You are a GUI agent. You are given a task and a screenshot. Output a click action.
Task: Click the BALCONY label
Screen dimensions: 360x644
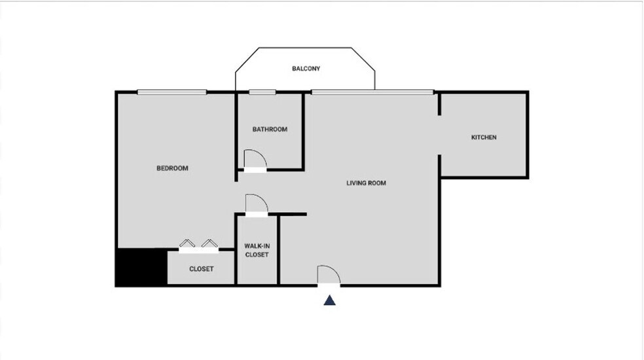[x=306, y=69]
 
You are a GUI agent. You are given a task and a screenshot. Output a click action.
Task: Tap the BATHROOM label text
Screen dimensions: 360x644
[x=270, y=130]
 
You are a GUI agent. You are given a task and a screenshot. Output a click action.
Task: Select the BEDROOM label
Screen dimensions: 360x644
[x=172, y=168]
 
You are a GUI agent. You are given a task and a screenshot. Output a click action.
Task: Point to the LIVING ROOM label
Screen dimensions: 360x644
[x=366, y=183]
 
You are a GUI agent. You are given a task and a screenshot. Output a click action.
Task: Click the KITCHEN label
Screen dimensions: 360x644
[x=484, y=137]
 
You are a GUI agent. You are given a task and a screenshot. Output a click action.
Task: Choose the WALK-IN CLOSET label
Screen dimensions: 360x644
[x=257, y=250]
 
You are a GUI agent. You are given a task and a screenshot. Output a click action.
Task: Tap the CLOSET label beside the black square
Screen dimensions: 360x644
[x=201, y=269]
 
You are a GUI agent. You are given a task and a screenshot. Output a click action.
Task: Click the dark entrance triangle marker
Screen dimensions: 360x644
[x=330, y=300]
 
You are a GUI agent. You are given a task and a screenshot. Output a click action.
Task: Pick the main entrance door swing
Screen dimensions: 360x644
[x=328, y=275]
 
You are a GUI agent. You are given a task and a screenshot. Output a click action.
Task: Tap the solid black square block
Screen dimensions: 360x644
[x=141, y=267]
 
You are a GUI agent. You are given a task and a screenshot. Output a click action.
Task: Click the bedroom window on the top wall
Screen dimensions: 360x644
[x=172, y=92]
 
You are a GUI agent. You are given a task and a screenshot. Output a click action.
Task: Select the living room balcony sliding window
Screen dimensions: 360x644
[x=372, y=92]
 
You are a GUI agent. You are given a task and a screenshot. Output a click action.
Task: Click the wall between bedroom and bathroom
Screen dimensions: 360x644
[x=236, y=131]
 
